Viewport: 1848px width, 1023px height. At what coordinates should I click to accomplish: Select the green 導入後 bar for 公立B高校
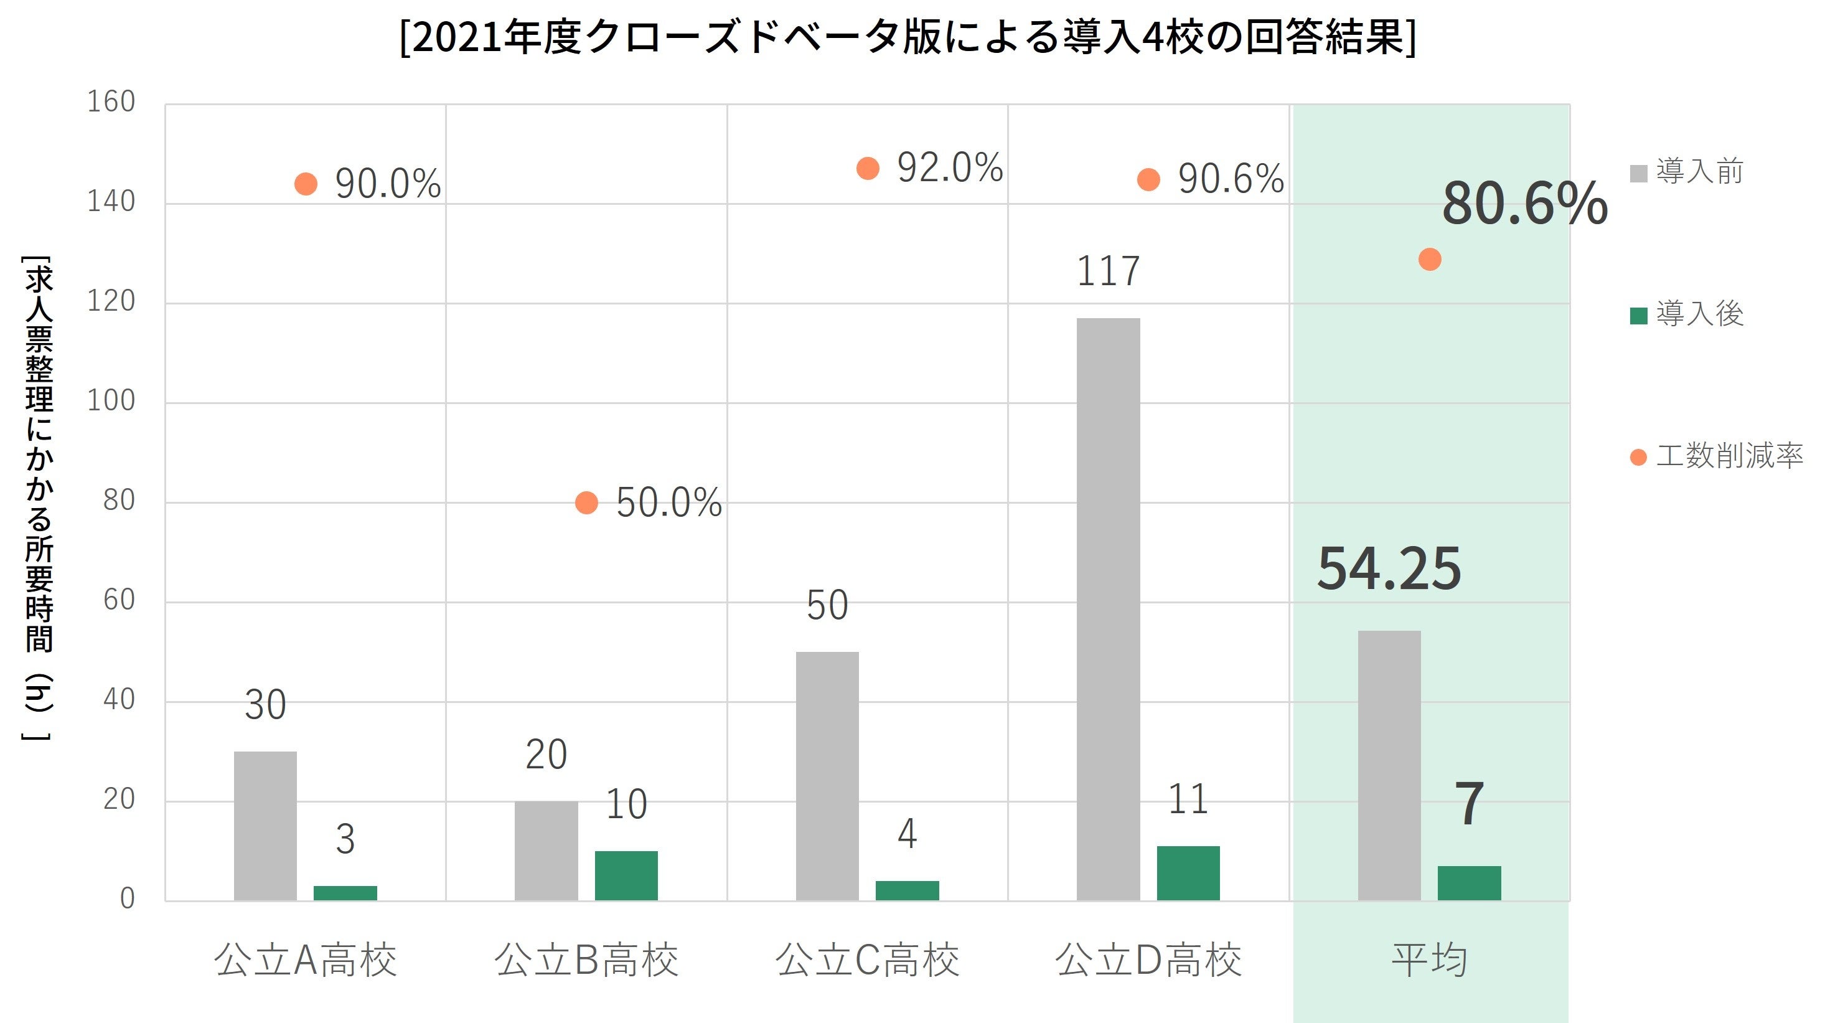point(626,875)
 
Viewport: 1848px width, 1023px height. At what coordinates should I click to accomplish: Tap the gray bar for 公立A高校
point(265,826)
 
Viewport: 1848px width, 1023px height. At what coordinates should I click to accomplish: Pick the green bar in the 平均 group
point(1468,882)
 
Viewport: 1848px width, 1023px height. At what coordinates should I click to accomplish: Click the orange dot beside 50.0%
point(586,503)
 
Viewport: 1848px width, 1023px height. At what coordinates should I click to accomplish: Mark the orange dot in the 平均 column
point(1429,260)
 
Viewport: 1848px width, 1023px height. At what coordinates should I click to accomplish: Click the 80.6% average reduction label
point(1524,204)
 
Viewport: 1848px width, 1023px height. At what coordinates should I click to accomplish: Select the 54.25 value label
point(1389,569)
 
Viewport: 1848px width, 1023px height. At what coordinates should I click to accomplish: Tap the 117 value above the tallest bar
point(1108,271)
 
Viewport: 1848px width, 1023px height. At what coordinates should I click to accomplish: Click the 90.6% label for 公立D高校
point(1231,179)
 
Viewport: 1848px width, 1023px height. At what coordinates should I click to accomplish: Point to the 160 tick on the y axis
point(111,102)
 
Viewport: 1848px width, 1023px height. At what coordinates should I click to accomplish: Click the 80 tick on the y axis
point(118,501)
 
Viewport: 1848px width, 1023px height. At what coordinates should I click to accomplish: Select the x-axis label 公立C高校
point(866,960)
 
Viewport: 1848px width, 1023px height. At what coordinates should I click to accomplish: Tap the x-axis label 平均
point(1429,960)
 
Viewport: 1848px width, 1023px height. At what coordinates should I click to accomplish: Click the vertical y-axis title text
point(39,495)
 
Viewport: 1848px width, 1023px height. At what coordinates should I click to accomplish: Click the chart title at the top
point(908,37)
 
